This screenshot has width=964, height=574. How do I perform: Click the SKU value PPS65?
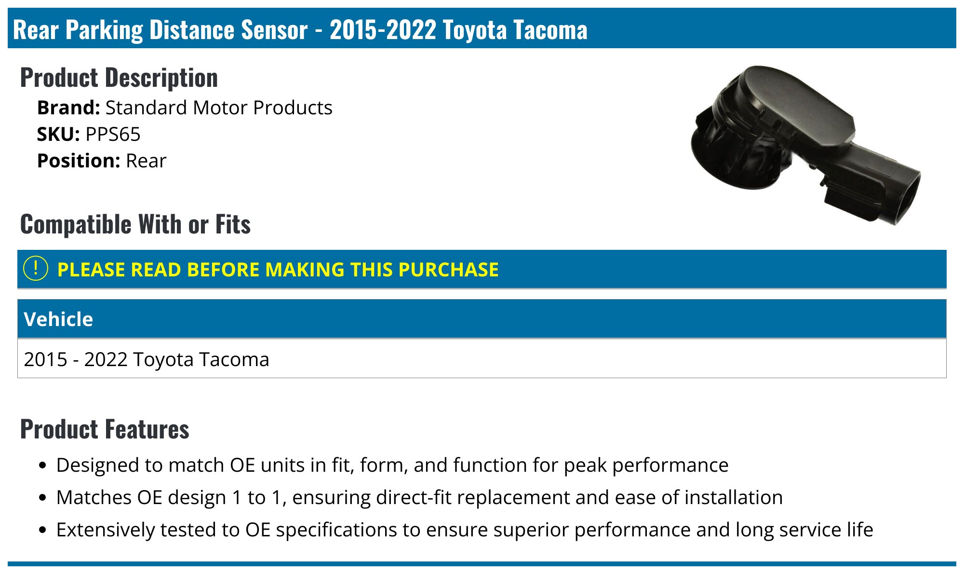pyautogui.click(x=113, y=134)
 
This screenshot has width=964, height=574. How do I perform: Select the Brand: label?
pyautogui.click(x=68, y=108)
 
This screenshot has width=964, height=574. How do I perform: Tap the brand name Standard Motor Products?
pyautogui.click(x=219, y=108)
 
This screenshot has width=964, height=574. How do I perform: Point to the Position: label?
pyautogui.click(x=79, y=161)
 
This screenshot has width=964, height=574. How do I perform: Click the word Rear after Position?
pyautogui.click(x=146, y=161)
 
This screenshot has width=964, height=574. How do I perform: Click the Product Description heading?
pyautogui.click(x=119, y=78)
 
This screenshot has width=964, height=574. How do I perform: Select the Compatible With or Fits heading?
pyautogui.click(x=135, y=224)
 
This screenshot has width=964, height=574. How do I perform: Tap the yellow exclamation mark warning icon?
pyautogui.click(x=36, y=269)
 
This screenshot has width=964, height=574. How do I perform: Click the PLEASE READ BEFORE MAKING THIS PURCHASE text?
pyautogui.click(x=278, y=270)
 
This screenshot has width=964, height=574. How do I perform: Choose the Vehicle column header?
pyautogui.click(x=58, y=319)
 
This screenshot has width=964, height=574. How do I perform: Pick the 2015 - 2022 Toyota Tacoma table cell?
pyautogui.click(x=147, y=359)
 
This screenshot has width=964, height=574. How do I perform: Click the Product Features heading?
pyautogui.click(x=105, y=429)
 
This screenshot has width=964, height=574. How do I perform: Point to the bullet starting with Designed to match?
pyautogui.click(x=392, y=465)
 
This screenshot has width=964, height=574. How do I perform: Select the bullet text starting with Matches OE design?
pyautogui.click(x=419, y=497)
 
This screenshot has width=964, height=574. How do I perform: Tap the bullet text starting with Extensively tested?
pyautogui.click(x=465, y=530)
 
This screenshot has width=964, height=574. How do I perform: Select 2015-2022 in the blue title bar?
pyautogui.click(x=383, y=30)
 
